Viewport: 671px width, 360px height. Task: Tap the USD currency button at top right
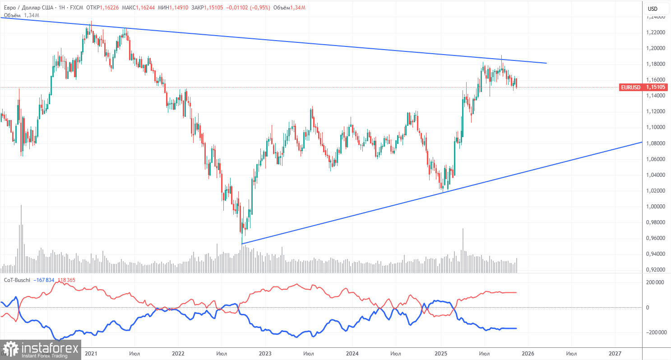(x=652, y=8)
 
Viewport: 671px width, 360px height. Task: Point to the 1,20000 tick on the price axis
(x=655, y=48)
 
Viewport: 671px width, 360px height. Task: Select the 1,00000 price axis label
(x=655, y=207)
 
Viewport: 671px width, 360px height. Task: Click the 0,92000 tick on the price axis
(x=655, y=270)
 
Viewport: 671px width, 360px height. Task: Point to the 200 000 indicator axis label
(x=657, y=282)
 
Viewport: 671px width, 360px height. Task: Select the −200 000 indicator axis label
(x=656, y=332)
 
